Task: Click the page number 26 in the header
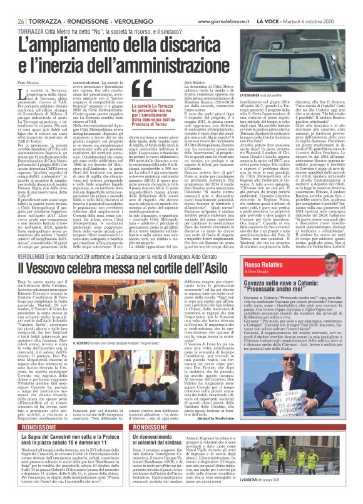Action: click(13, 20)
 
